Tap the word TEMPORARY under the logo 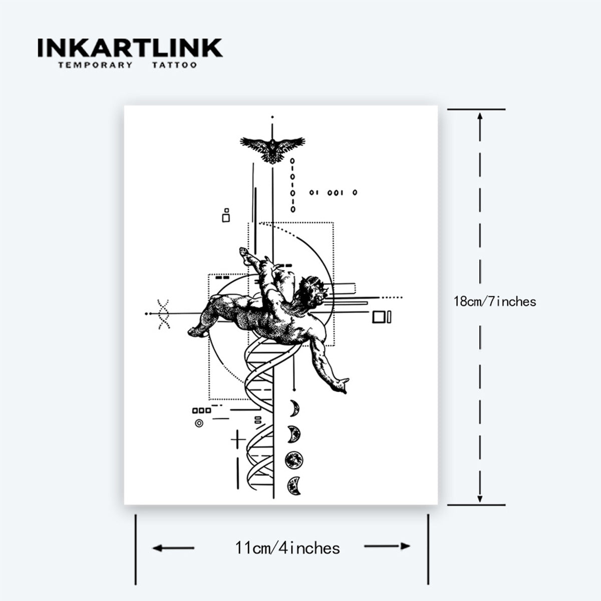[96, 65]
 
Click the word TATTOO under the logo [174, 65]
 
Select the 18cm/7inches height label [495, 302]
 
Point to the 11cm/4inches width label [287, 548]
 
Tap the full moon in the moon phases [294, 460]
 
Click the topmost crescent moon [294, 408]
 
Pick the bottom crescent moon [294, 486]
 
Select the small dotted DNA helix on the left [163, 314]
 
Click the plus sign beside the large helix [238, 439]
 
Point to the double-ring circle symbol [199, 423]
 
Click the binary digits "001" [335, 193]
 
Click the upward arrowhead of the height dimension [480, 117]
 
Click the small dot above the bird [272, 117]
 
